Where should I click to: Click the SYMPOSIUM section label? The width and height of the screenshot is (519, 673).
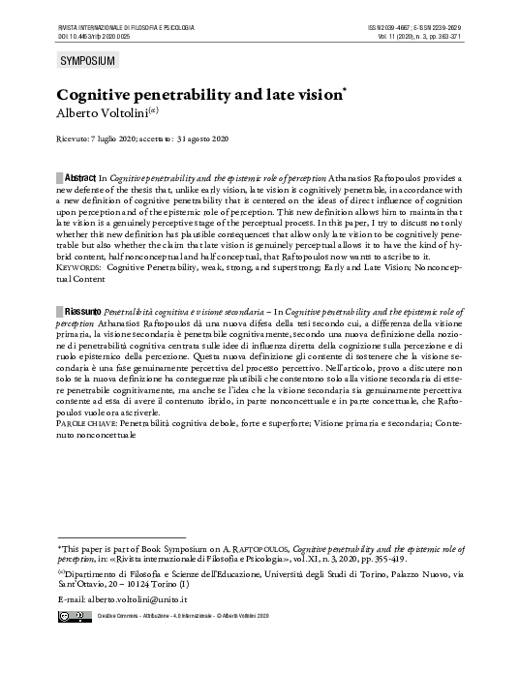(87, 61)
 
